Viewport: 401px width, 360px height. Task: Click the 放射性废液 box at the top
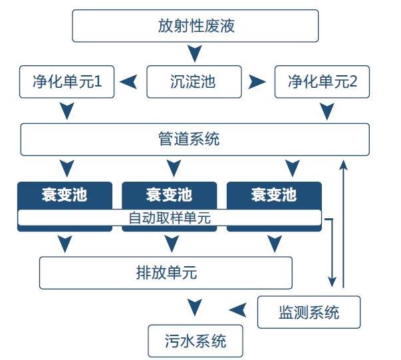pyautogui.click(x=196, y=26)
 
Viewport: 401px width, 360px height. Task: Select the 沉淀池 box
pyautogui.click(x=194, y=82)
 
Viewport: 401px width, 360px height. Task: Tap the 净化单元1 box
pyautogui.click(x=67, y=82)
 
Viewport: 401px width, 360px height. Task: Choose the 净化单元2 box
pyautogui.click(x=323, y=82)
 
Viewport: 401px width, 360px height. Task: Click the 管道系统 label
pyautogui.click(x=189, y=139)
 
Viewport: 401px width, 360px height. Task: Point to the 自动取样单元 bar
pyautogui.click(x=170, y=218)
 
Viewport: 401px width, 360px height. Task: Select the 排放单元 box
pyautogui.click(x=166, y=273)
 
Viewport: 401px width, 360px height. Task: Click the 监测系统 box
pyautogui.click(x=309, y=312)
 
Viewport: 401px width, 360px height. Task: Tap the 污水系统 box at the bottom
pyautogui.click(x=196, y=341)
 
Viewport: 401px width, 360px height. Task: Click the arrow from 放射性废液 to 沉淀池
pyautogui.click(x=195, y=53)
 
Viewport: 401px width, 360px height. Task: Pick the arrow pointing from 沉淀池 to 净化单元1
pyautogui.click(x=128, y=82)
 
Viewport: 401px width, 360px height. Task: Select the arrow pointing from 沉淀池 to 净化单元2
pyautogui.click(x=257, y=82)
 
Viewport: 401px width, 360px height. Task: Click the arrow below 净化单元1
pyautogui.click(x=67, y=111)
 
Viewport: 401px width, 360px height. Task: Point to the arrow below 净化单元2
pyautogui.click(x=327, y=111)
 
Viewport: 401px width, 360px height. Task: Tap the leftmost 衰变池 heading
pyautogui.click(x=65, y=194)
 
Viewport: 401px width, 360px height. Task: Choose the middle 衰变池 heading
pyautogui.click(x=169, y=194)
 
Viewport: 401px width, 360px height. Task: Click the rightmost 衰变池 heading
pyautogui.click(x=274, y=194)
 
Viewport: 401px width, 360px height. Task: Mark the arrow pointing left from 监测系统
pyautogui.click(x=238, y=310)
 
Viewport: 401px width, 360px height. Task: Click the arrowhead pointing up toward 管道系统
pyautogui.click(x=343, y=164)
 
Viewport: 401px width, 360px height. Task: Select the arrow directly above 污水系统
pyautogui.click(x=195, y=307)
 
